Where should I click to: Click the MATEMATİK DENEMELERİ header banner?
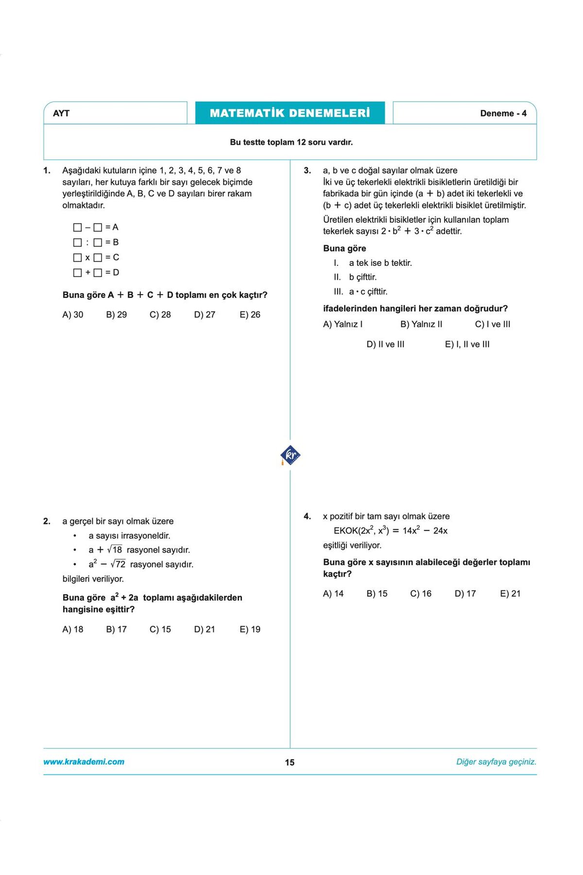[290, 113]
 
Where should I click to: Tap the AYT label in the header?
[61, 113]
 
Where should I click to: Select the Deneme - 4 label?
[503, 113]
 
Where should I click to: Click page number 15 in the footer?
[290, 762]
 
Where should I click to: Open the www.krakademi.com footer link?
[84, 762]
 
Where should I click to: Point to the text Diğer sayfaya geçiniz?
[496, 762]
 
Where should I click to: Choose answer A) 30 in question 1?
[73, 315]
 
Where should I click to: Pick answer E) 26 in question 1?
[250, 315]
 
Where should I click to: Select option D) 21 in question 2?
[204, 629]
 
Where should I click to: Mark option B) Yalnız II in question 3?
[421, 324]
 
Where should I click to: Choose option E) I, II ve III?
[467, 344]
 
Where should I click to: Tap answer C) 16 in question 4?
[421, 594]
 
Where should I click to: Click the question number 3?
[307, 171]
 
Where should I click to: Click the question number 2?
[47, 521]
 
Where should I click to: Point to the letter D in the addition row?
[116, 272]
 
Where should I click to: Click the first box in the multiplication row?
[77, 257]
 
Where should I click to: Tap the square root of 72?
[118, 564]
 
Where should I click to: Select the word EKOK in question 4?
[345, 530]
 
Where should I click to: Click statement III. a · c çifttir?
[360, 292]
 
